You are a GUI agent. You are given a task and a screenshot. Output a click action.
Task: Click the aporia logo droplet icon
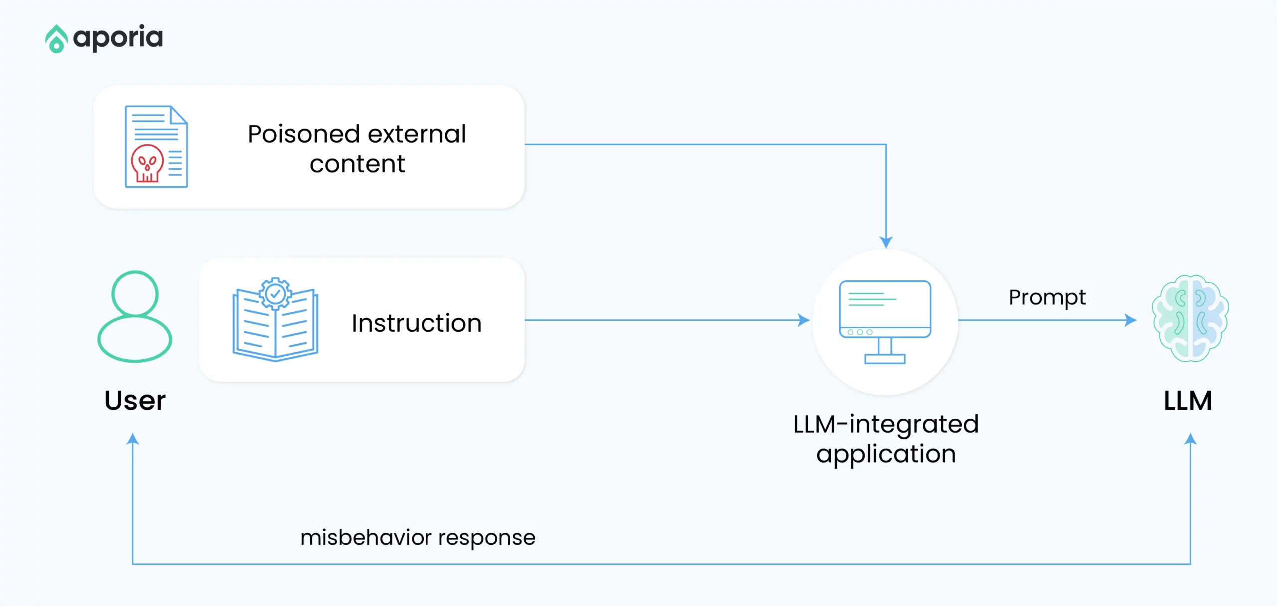click(56, 39)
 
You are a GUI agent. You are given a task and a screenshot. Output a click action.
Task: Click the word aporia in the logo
click(118, 38)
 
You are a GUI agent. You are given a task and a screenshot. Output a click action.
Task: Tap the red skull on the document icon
click(147, 163)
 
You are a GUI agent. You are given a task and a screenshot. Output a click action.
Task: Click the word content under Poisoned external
click(357, 164)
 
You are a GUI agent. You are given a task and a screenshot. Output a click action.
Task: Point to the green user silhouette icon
click(135, 316)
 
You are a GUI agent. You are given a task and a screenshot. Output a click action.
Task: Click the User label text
click(135, 401)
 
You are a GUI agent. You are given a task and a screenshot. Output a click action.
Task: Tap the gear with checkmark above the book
click(275, 294)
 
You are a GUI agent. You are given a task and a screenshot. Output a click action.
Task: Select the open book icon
click(275, 324)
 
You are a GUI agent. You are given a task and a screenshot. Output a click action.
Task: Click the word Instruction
click(417, 323)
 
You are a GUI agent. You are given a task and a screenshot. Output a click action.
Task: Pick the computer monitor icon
click(885, 322)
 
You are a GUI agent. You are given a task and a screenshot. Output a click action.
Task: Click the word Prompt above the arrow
click(1047, 298)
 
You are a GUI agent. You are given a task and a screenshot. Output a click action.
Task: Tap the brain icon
click(1190, 318)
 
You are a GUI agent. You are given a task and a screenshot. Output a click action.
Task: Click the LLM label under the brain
click(1188, 401)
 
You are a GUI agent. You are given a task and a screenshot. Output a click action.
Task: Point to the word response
click(487, 538)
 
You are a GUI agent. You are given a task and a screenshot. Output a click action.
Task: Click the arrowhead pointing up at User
click(132, 439)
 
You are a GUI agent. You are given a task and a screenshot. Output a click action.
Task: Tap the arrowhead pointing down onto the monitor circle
click(886, 242)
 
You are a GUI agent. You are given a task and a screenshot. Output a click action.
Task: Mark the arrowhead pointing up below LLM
click(1190, 439)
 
